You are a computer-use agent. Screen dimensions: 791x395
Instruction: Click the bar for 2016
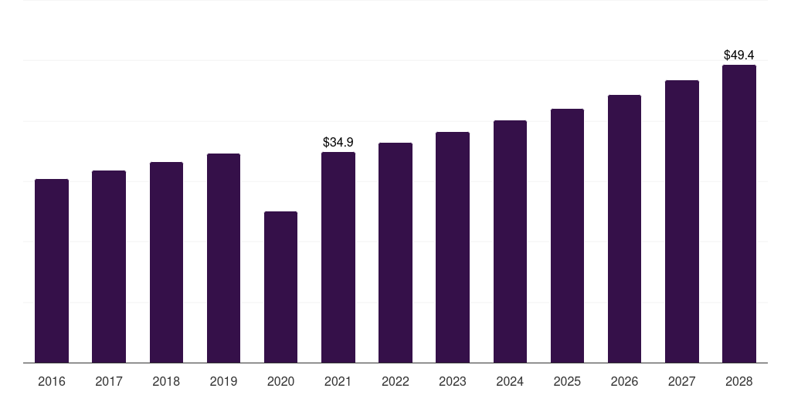(x=52, y=271)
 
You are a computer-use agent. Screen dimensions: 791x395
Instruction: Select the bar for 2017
(x=109, y=266)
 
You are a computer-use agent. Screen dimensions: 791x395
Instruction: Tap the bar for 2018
(x=167, y=262)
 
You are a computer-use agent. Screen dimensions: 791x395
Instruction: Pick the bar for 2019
(x=223, y=258)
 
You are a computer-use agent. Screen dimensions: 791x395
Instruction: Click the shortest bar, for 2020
(x=280, y=287)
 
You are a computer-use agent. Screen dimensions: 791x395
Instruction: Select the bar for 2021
(x=338, y=258)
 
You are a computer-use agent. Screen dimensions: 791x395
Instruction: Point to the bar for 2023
(x=453, y=248)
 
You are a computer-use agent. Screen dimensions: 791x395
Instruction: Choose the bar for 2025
(x=567, y=236)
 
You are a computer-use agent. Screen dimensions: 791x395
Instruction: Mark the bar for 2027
(x=682, y=221)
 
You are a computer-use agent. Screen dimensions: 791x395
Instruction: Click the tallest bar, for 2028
(x=739, y=214)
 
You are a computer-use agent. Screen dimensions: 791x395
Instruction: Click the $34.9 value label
(x=338, y=142)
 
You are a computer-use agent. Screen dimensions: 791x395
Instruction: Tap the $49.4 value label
(x=739, y=55)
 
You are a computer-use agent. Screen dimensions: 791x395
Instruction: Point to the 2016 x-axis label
(x=52, y=381)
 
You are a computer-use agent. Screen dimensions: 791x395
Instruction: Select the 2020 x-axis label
(x=280, y=381)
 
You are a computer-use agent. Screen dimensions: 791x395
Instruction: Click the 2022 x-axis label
(x=395, y=381)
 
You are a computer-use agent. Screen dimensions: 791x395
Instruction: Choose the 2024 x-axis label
(x=510, y=381)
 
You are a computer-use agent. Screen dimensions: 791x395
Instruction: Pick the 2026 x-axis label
(x=624, y=381)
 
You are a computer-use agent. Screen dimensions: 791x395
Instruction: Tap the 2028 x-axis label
(x=739, y=381)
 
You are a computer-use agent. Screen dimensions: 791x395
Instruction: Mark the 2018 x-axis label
(x=167, y=381)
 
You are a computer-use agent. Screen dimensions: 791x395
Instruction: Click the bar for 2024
(x=510, y=241)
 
